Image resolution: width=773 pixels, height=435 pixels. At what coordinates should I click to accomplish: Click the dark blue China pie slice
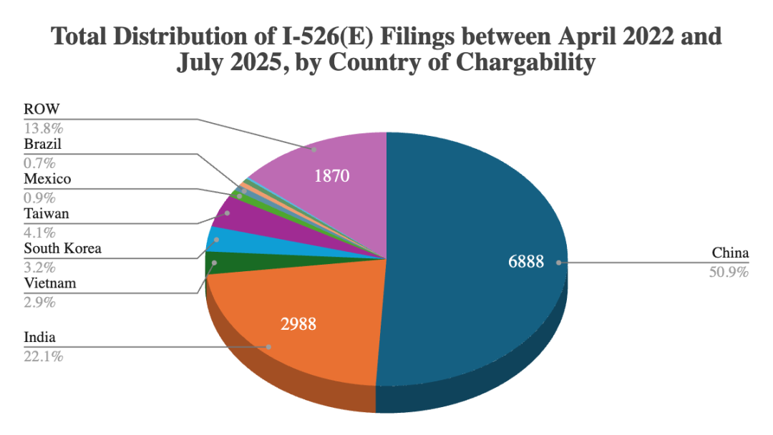tap(472, 215)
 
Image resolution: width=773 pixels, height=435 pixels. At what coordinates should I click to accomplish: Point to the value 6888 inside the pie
tap(526, 263)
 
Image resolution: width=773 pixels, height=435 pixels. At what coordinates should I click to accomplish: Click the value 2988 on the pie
tap(298, 324)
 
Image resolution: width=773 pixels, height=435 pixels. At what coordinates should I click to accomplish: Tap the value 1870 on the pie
tap(331, 175)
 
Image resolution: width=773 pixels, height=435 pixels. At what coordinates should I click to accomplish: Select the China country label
tap(730, 253)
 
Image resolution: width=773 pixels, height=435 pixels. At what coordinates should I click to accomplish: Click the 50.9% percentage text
tap(730, 272)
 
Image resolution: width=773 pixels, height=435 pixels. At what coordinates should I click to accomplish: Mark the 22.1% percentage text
tap(43, 356)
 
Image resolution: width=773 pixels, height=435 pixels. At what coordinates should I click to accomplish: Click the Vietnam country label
tap(49, 284)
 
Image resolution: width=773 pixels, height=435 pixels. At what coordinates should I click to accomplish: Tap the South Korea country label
tap(62, 249)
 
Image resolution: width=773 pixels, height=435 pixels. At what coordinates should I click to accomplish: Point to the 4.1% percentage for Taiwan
tap(39, 232)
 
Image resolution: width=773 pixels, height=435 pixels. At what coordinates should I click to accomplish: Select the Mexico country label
tap(47, 179)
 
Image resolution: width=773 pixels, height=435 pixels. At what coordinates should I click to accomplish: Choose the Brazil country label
tap(43, 144)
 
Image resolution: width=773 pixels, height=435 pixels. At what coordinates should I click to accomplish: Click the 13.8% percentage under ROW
tap(43, 128)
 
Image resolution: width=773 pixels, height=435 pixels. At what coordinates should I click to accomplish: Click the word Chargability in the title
tap(522, 62)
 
